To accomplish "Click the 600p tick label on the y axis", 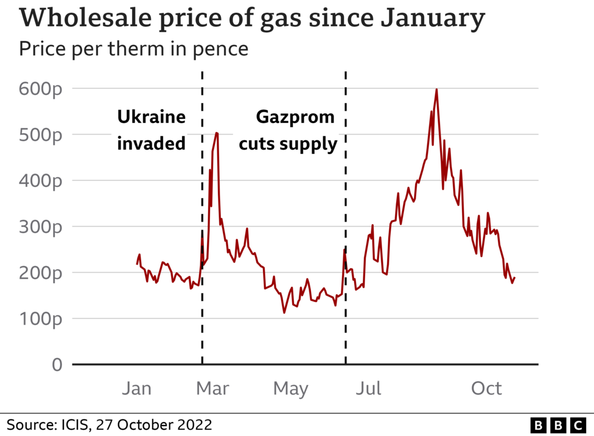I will (40, 89).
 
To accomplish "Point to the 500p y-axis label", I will (40, 135).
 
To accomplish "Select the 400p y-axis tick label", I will (40, 181).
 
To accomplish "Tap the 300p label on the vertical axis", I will (40, 227).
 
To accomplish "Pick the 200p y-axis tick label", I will (40, 273).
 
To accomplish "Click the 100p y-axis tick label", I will (40, 319).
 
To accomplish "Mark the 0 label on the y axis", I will (57, 365).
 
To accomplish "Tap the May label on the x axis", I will (291, 389).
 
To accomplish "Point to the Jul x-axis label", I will (368, 389).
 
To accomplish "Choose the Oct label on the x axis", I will (487, 389).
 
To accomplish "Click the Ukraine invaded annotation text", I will (151, 130).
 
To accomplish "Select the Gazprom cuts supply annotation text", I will (287, 130).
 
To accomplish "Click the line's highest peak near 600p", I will (436, 90).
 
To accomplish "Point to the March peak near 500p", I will (216, 133).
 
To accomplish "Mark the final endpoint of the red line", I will (515, 278).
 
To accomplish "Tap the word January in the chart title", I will (432, 19).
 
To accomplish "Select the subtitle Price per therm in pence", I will (133, 49).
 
